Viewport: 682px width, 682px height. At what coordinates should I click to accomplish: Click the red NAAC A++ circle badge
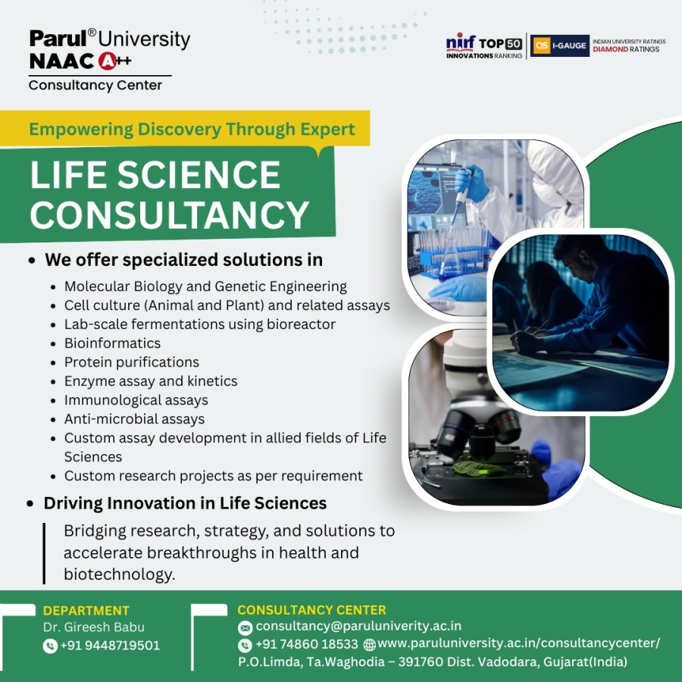pyautogui.click(x=107, y=61)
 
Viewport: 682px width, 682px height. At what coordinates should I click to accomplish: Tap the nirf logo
pyautogui.click(x=461, y=42)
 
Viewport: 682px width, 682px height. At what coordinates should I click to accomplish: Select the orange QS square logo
pyautogui.click(x=542, y=45)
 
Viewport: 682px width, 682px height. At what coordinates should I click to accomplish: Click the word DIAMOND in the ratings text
pyautogui.click(x=610, y=49)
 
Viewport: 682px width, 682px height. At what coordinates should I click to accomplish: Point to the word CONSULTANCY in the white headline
pyautogui.click(x=170, y=215)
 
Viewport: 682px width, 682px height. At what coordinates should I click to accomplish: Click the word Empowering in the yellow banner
pyautogui.click(x=81, y=129)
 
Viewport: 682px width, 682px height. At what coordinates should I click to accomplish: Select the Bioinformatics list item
pyautogui.click(x=112, y=343)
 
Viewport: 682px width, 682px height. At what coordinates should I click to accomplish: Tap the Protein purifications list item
pyautogui.click(x=131, y=362)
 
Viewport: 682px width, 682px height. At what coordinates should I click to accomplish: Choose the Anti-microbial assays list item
pyautogui.click(x=134, y=419)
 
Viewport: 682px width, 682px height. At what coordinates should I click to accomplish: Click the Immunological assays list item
pyautogui.click(x=136, y=399)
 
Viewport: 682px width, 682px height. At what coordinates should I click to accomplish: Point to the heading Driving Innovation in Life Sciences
pyautogui.click(x=185, y=503)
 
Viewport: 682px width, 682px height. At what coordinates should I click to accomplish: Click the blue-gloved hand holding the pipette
pyautogui.click(x=472, y=183)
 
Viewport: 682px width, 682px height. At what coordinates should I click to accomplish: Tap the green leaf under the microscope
pyautogui.click(x=478, y=468)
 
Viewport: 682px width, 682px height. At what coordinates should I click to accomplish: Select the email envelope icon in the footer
pyautogui.click(x=245, y=627)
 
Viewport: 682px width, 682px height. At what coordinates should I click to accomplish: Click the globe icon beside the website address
pyautogui.click(x=369, y=645)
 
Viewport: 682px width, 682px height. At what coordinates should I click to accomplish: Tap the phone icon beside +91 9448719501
pyautogui.click(x=50, y=646)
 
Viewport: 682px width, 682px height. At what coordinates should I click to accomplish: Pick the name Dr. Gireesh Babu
pyautogui.click(x=93, y=627)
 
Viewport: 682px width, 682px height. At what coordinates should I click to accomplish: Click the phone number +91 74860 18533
pyautogui.click(x=307, y=643)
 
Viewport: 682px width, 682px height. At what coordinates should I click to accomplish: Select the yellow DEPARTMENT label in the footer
pyautogui.click(x=86, y=610)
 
